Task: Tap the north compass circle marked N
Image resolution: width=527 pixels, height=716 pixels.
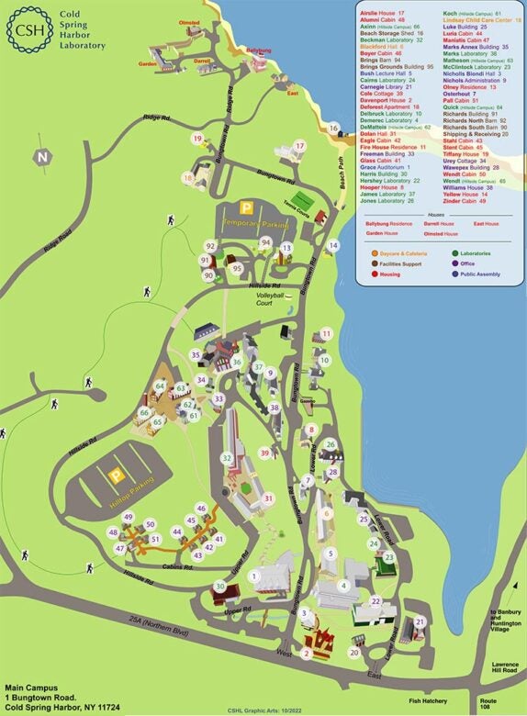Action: pos(40,156)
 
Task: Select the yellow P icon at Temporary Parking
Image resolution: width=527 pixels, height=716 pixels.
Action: pos(246,208)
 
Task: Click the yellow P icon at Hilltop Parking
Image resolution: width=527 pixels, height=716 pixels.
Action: pos(117,475)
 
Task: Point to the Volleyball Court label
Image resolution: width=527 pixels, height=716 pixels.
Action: pos(269,297)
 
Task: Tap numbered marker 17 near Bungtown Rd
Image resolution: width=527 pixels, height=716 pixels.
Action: pos(298,145)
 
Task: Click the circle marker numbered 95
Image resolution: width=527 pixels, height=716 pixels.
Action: pos(237,268)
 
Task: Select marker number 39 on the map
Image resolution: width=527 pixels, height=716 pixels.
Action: pos(264,453)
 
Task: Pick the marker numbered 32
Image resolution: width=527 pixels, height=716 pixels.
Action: pos(226,458)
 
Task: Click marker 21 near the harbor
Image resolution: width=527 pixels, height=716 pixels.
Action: pos(420,621)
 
